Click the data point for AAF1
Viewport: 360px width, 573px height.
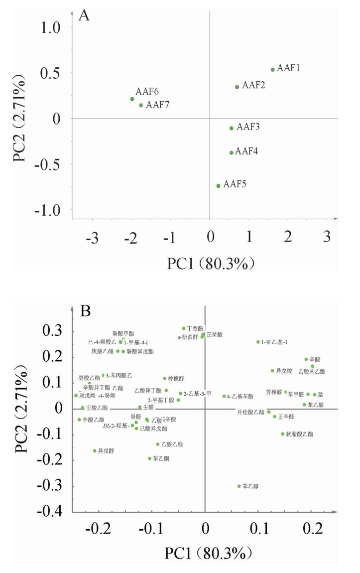272,70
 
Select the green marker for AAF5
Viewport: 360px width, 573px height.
218,186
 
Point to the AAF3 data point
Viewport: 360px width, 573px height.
231,128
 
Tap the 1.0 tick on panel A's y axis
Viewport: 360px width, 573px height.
48,27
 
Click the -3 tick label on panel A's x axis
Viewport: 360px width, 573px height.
92,237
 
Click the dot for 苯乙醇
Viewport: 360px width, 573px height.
239,486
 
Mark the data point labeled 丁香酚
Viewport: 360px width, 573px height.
184,328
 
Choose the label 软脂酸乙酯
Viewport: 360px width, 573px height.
300,434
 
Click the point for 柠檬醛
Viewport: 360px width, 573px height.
165,379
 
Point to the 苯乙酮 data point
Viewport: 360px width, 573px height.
149,458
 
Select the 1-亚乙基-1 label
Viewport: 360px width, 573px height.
276,342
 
